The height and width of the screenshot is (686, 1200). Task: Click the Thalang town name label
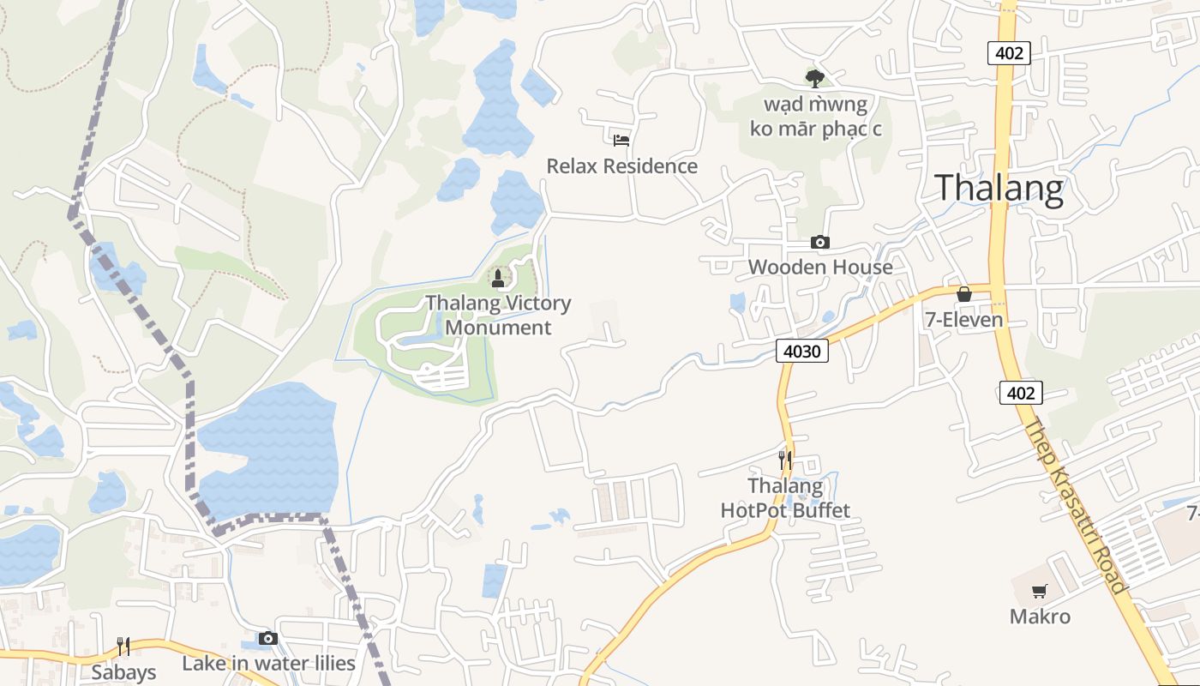999,188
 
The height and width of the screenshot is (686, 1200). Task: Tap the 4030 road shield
802,350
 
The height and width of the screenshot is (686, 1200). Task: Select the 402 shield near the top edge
1009,53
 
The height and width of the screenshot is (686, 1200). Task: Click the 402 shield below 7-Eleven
1020,393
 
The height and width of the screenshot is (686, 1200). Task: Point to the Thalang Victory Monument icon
498,277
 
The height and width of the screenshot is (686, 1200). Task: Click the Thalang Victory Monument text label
498,315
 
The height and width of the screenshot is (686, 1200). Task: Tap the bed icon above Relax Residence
621,140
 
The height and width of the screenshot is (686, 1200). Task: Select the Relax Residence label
622,165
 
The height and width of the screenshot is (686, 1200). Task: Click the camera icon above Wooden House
820,243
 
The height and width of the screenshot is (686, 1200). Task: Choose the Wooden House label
820,267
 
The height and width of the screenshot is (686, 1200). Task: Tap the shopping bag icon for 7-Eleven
964,294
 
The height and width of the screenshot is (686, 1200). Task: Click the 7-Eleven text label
963,320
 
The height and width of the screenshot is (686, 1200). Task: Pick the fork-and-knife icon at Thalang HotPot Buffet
784,460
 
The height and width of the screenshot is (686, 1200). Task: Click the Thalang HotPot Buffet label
785,498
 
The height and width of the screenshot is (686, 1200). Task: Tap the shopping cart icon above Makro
1040,591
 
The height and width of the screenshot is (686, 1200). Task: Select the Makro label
1040,617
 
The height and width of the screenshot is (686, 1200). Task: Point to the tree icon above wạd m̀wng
814,78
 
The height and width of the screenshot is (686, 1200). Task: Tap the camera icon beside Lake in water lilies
268,638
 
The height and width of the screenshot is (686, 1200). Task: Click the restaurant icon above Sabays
123,646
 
